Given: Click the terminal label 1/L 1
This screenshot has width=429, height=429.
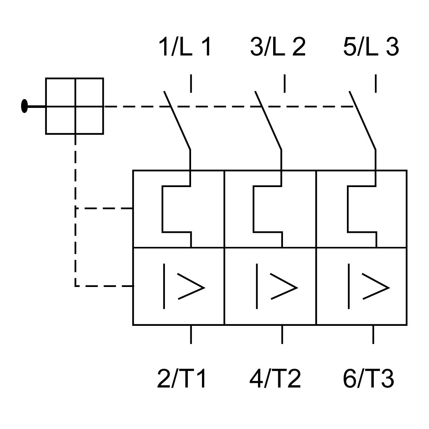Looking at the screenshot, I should coord(185,47).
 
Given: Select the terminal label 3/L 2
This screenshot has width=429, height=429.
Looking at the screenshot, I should coord(278,47).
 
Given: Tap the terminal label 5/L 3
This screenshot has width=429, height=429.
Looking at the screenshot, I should coord(371,47).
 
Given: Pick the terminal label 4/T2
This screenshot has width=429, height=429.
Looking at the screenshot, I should coord(275,379).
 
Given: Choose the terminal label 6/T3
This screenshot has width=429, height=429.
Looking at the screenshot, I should coord(368,379).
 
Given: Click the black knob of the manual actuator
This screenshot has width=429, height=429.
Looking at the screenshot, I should coord(24,106).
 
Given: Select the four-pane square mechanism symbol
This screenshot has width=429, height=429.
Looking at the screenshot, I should coord(74,106).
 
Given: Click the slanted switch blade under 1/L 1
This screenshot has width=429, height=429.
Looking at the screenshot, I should coord(177,121).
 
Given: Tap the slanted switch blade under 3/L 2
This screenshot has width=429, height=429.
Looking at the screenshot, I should coord(268,121).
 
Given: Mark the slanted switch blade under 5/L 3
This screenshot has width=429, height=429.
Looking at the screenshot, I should coord(362,121).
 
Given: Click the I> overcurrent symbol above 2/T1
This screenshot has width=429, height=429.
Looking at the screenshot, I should coord(183,287).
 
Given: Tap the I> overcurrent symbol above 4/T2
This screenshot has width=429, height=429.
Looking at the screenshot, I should coord(276,287).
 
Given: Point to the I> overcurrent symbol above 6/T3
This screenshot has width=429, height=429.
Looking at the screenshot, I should coord(368,287).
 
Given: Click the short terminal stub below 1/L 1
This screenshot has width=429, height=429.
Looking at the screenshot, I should coord(191,84).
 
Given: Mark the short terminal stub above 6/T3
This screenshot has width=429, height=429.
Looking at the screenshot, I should coord(373,334).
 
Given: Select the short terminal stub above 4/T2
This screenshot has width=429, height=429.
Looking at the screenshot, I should coord(282,334).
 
